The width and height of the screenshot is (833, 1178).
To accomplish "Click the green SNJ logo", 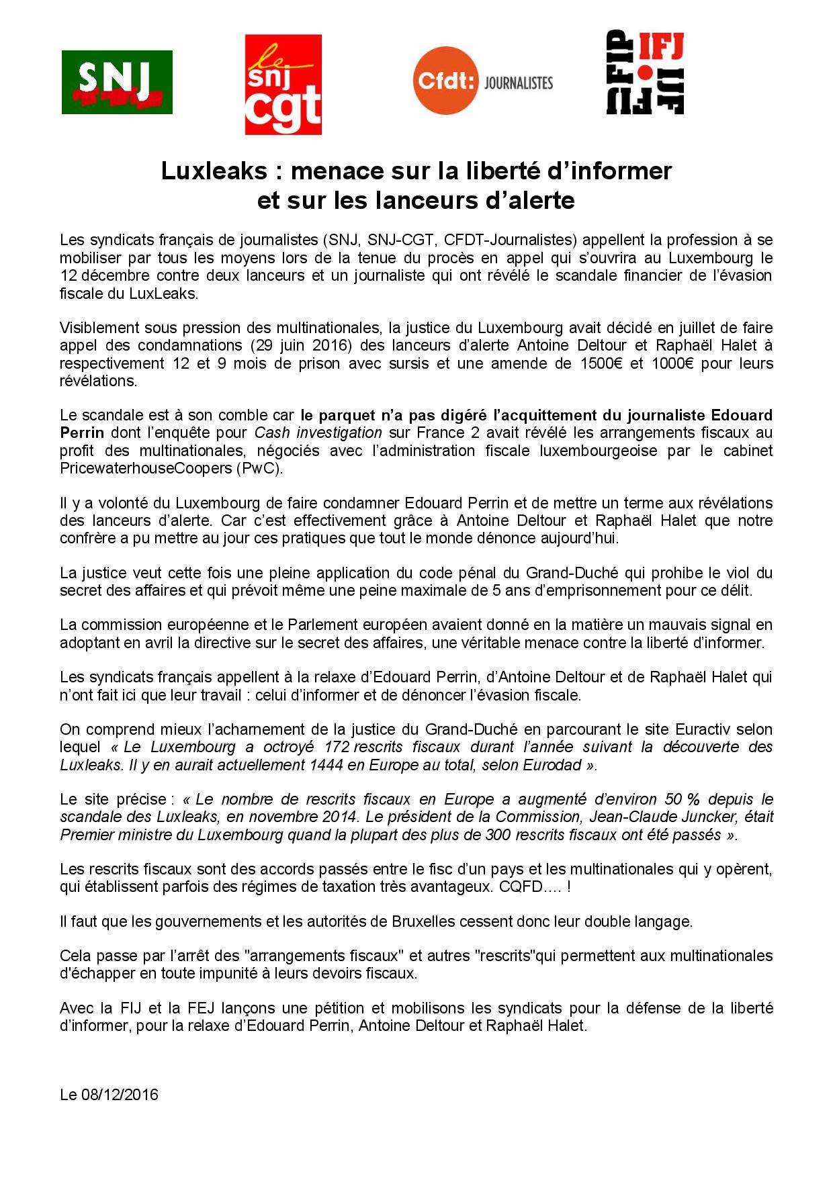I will (117, 82).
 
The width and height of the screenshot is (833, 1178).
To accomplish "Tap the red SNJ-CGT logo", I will (283, 85).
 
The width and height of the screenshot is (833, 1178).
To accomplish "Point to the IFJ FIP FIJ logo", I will (645, 73).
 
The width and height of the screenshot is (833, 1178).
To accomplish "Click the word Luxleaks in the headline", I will (214, 171).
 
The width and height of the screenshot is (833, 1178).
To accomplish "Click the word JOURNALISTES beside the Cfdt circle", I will (518, 83).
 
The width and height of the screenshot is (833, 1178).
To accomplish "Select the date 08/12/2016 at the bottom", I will (120, 1095).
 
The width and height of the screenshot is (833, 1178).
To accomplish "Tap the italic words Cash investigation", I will (318, 433).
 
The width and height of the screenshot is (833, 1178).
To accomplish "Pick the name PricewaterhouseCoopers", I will (146, 468).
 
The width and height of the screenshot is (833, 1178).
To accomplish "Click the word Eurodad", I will (551, 765).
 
